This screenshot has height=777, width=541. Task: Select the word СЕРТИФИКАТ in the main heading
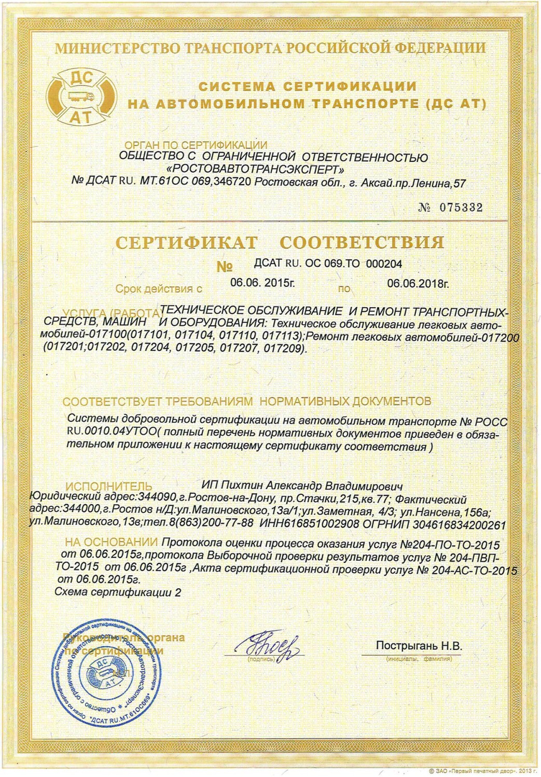(186, 242)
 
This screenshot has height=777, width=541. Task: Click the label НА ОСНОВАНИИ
(113, 543)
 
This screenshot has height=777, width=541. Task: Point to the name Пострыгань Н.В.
(419, 646)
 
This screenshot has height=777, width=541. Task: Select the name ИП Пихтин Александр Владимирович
(302, 486)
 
